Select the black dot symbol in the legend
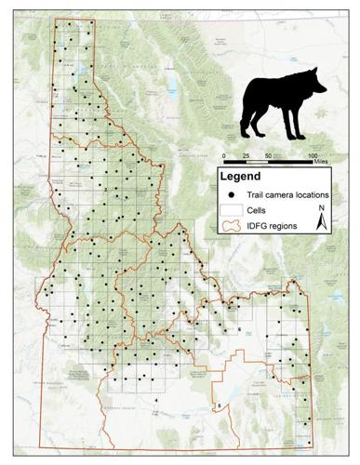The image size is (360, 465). tap(230, 193)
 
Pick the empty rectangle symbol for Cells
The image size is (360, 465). tap(230, 210)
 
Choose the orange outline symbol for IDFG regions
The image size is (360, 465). tap(230, 226)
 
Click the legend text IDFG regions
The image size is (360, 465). tap(272, 226)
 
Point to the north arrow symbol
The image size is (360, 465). tap(321, 221)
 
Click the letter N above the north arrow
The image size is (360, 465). tap(321, 207)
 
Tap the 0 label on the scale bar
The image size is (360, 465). tap(224, 155)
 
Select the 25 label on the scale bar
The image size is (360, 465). tap(247, 155)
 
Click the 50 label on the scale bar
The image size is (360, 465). tap(269, 155)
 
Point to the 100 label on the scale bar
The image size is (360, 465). tap(313, 155)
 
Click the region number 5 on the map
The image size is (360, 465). tap(220, 406)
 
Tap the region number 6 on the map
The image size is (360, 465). tap(239, 329)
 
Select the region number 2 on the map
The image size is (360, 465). tap(105, 190)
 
